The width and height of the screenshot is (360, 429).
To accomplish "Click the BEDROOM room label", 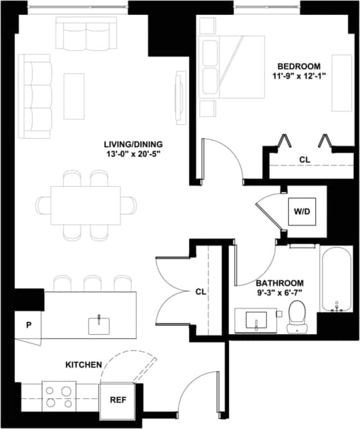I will (x=299, y=66).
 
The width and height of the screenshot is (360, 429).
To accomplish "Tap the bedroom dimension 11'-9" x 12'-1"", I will (x=299, y=76).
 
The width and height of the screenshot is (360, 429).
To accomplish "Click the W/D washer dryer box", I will (x=302, y=212).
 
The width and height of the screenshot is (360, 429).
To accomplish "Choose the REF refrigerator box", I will (x=118, y=400).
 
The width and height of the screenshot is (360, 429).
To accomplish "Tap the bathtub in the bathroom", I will (x=336, y=281).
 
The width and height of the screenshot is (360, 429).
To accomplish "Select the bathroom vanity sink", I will (x=256, y=321).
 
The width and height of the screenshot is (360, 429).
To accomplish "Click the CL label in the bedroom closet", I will (x=304, y=160).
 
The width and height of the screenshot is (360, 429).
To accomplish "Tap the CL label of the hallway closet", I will (x=200, y=291).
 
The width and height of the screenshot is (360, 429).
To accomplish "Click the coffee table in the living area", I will (x=74, y=96).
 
